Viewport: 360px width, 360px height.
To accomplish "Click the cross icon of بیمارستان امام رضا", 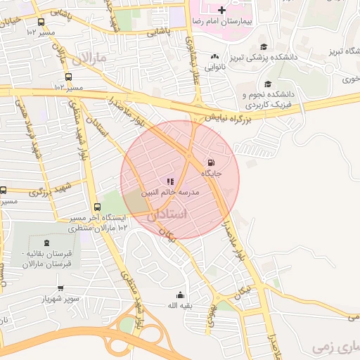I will coord(222,11).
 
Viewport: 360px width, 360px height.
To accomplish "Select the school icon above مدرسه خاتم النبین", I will coord(170,181).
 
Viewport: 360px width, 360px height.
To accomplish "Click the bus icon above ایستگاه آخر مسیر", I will coord(97,207).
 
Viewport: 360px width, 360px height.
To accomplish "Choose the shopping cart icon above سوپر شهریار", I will coord(60,288).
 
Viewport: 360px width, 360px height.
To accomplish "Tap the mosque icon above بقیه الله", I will coord(179,295).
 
